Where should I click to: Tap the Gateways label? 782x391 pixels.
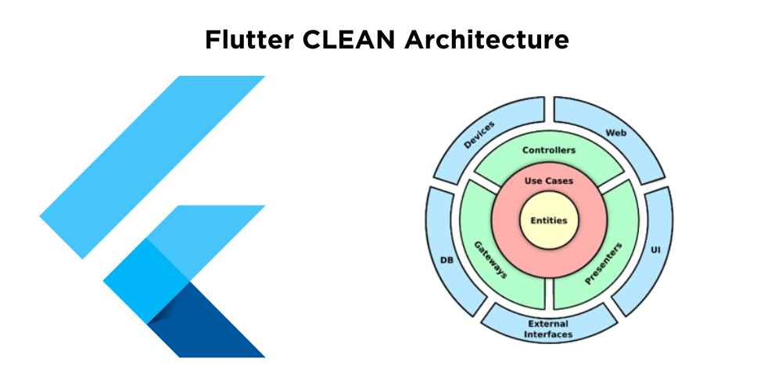[x=490, y=260]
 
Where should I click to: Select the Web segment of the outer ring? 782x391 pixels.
[x=615, y=133]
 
